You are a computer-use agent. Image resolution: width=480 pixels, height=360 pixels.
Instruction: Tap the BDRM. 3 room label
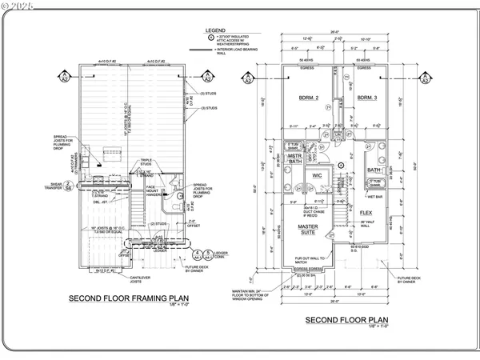click(367, 98)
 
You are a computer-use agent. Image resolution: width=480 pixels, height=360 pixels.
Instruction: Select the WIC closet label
click(316, 174)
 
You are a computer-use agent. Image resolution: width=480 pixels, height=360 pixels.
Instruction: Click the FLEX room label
click(366, 213)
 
